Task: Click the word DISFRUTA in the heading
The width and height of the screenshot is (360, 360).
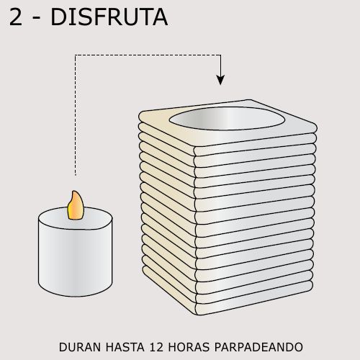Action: point(109,17)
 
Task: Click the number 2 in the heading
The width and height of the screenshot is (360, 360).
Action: point(16,17)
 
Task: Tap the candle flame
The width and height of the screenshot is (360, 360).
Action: point(75,207)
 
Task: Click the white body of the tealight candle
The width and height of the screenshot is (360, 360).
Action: point(75,259)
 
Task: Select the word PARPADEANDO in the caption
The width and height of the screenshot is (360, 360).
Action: point(262,347)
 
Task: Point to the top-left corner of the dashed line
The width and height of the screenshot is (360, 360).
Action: point(76,54)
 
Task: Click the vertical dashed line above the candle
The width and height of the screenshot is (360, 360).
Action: point(76,115)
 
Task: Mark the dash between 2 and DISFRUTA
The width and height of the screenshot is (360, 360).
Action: point(37,19)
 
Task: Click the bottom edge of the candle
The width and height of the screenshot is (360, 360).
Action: point(75,296)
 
